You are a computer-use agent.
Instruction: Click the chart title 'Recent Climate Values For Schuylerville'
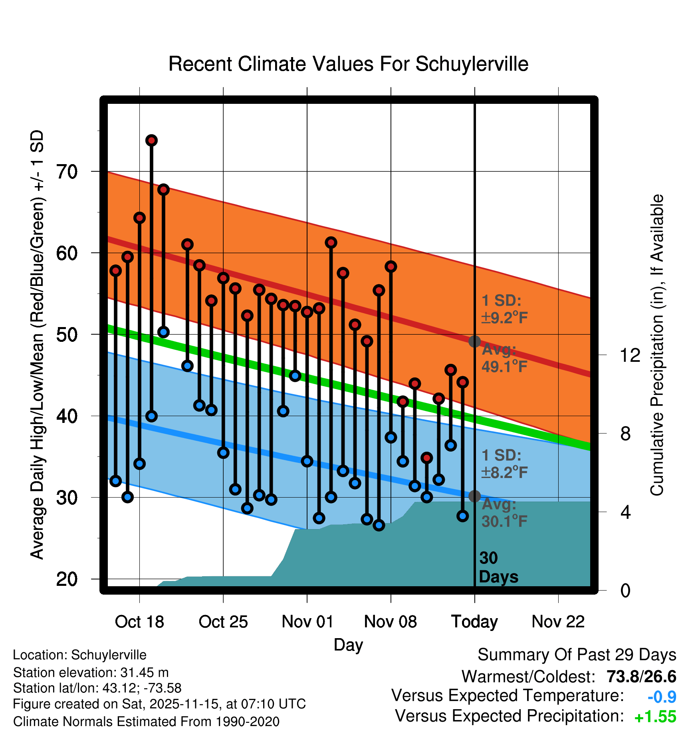(348, 64)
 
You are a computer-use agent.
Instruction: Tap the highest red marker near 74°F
(151, 140)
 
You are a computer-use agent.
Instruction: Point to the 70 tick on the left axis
(67, 172)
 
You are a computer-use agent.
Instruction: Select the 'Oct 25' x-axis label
(223, 621)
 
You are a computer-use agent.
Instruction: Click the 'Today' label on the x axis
(474, 621)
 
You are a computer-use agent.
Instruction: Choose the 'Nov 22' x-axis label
(558, 621)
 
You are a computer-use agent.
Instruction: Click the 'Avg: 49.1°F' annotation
(504, 358)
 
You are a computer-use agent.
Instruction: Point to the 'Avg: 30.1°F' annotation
(504, 513)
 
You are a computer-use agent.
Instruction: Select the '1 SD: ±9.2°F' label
(504, 309)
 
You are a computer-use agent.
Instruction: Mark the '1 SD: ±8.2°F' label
(504, 464)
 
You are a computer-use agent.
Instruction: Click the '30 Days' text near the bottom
(498, 567)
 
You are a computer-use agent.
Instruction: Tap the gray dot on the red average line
(474, 341)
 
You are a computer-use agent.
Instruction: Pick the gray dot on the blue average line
(474, 496)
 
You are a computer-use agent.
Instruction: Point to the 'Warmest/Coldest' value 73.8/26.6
(641, 677)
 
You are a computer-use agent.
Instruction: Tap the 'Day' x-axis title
(348, 645)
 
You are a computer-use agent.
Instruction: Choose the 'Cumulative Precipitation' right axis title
(657, 345)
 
